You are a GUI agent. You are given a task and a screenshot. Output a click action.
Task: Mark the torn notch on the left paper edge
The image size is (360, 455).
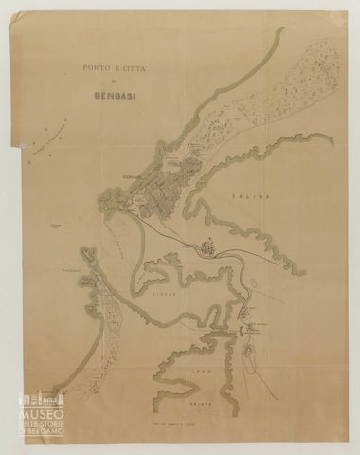click(x=13, y=145)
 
